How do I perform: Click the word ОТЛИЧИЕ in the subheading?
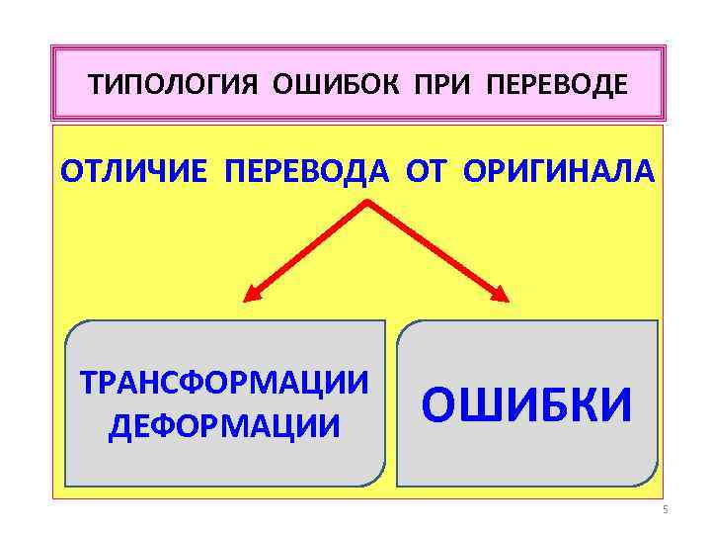(x=133, y=171)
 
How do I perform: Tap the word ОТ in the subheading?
(x=425, y=171)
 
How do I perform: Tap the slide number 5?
(x=665, y=509)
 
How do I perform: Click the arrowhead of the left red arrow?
(x=253, y=294)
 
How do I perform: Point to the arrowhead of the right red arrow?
(x=501, y=294)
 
